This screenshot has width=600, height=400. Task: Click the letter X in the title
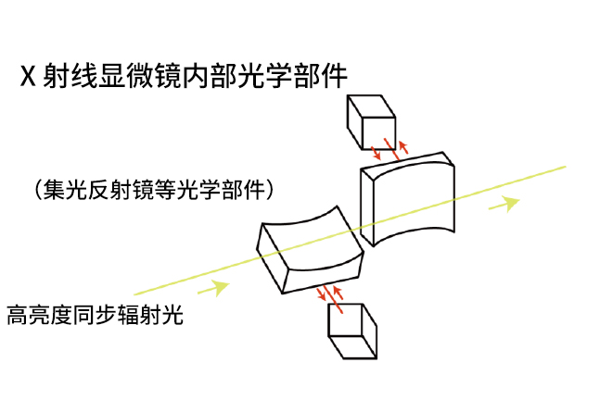[x=28, y=75]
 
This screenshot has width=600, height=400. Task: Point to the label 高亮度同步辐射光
[x=96, y=315]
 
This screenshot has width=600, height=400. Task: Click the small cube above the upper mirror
[x=370, y=119]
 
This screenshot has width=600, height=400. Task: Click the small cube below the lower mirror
[x=352, y=331]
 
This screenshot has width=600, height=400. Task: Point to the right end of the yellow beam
[x=564, y=168]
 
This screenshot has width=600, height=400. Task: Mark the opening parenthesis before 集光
[x=37, y=191]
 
